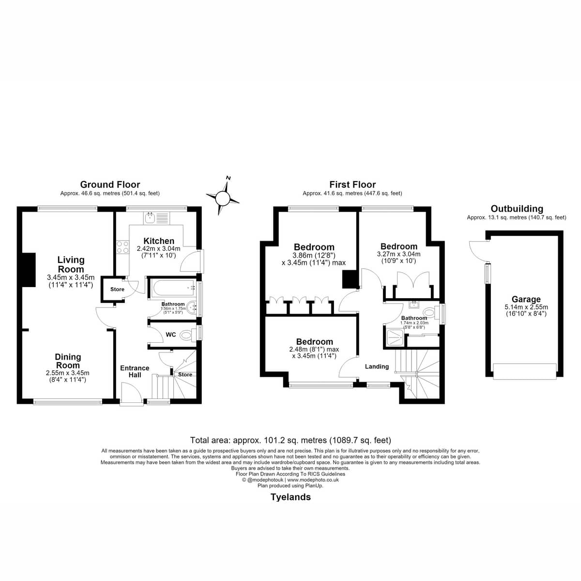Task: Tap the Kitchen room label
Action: click(159, 241)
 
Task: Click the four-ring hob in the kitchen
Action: click(122, 246)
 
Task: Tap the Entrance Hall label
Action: click(135, 371)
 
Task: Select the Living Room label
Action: click(71, 264)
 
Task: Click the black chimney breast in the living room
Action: click(29, 270)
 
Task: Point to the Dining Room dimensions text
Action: click(67, 376)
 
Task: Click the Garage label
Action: click(526, 299)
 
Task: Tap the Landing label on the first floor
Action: click(377, 367)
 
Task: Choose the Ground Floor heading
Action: click(110, 184)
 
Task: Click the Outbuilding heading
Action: click(517, 209)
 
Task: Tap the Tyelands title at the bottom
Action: click(290, 497)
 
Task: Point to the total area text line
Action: click(290, 440)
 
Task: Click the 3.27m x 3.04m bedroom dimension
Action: click(398, 254)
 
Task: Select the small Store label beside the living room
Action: click(117, 290)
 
